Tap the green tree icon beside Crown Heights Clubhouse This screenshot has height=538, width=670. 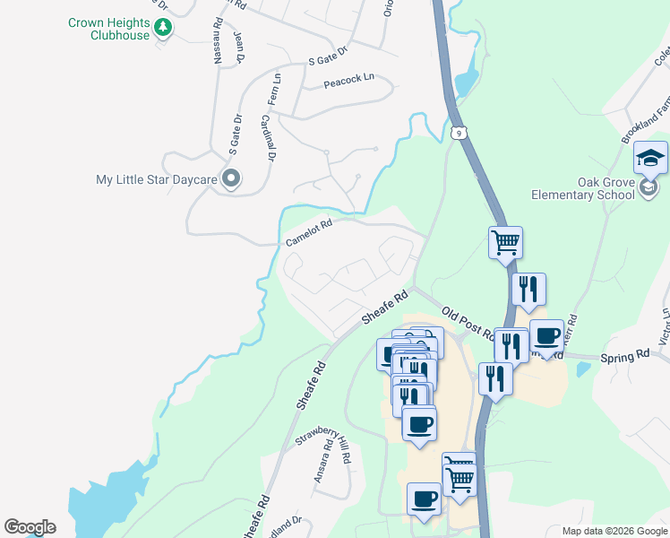point(162,29)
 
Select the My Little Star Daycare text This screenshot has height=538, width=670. point(157,179)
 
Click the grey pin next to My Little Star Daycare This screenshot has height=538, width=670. point(230,179)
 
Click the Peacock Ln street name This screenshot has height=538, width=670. point(348,80)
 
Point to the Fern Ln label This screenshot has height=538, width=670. point(277,91)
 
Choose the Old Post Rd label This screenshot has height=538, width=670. point(468,322)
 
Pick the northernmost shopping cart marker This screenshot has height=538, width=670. point(506,242)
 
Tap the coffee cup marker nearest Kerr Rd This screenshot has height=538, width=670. point(546,336)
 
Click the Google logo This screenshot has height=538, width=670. point(30,527)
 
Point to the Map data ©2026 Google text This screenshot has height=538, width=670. point(614,531)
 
